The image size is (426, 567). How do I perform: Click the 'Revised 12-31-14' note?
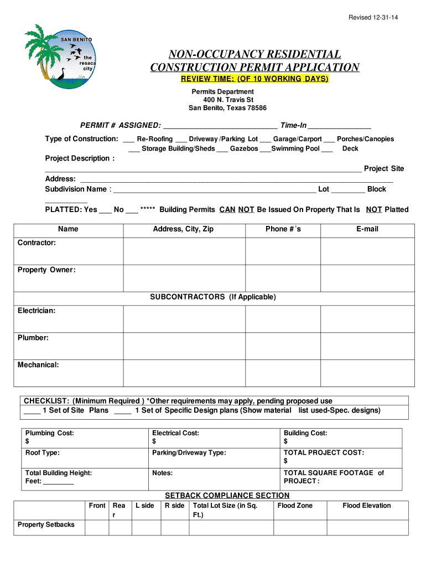373,18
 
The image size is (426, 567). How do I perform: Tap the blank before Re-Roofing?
128,140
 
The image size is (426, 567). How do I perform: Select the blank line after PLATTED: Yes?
105,210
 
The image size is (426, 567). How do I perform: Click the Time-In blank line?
339,127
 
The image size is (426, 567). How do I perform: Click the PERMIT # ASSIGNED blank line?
220,127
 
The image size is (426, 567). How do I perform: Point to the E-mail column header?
367,229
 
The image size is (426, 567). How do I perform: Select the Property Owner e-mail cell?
367,279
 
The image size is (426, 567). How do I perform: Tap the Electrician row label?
37,311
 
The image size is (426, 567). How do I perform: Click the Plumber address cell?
184,346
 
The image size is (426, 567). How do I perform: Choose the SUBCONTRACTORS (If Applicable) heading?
213,297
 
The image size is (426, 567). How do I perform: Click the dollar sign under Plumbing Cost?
27,442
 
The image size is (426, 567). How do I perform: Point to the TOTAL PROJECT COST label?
324,453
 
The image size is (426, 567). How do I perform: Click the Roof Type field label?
43,453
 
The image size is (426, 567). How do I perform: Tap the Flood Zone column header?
295,506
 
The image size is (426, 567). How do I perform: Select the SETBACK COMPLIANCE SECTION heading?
227,496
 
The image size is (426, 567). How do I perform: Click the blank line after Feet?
59,482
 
